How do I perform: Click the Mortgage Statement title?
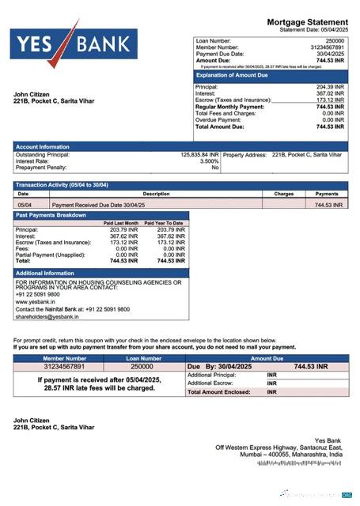point(307,22)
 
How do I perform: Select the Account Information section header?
point(43,147)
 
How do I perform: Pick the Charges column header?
point(284,194)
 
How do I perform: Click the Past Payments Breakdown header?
point(51,215)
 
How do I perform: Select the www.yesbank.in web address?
point(36,302)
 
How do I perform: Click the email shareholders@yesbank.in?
point(49,316)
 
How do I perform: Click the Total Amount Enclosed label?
point(218,391)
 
